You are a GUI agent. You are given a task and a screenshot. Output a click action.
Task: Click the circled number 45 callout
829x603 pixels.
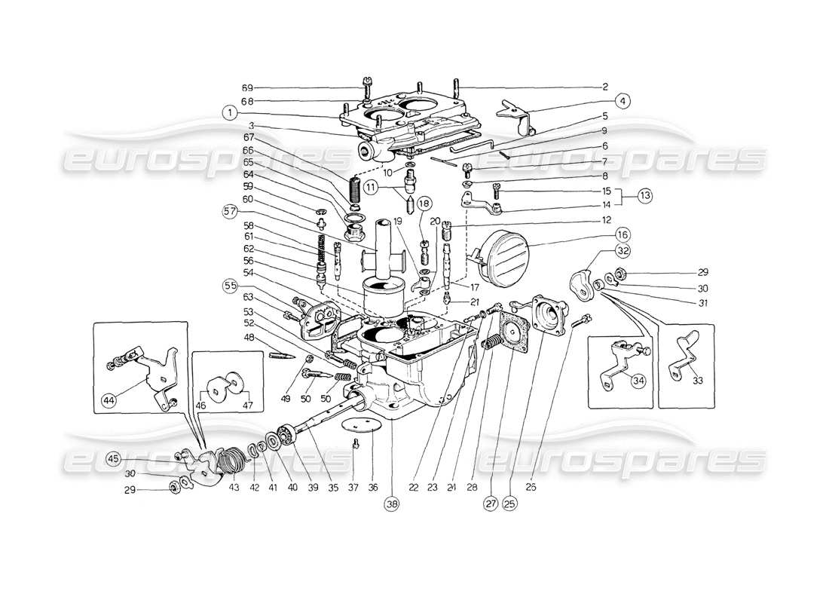point(113,457)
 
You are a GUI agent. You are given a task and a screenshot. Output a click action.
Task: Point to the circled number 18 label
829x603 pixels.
point(424,203)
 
